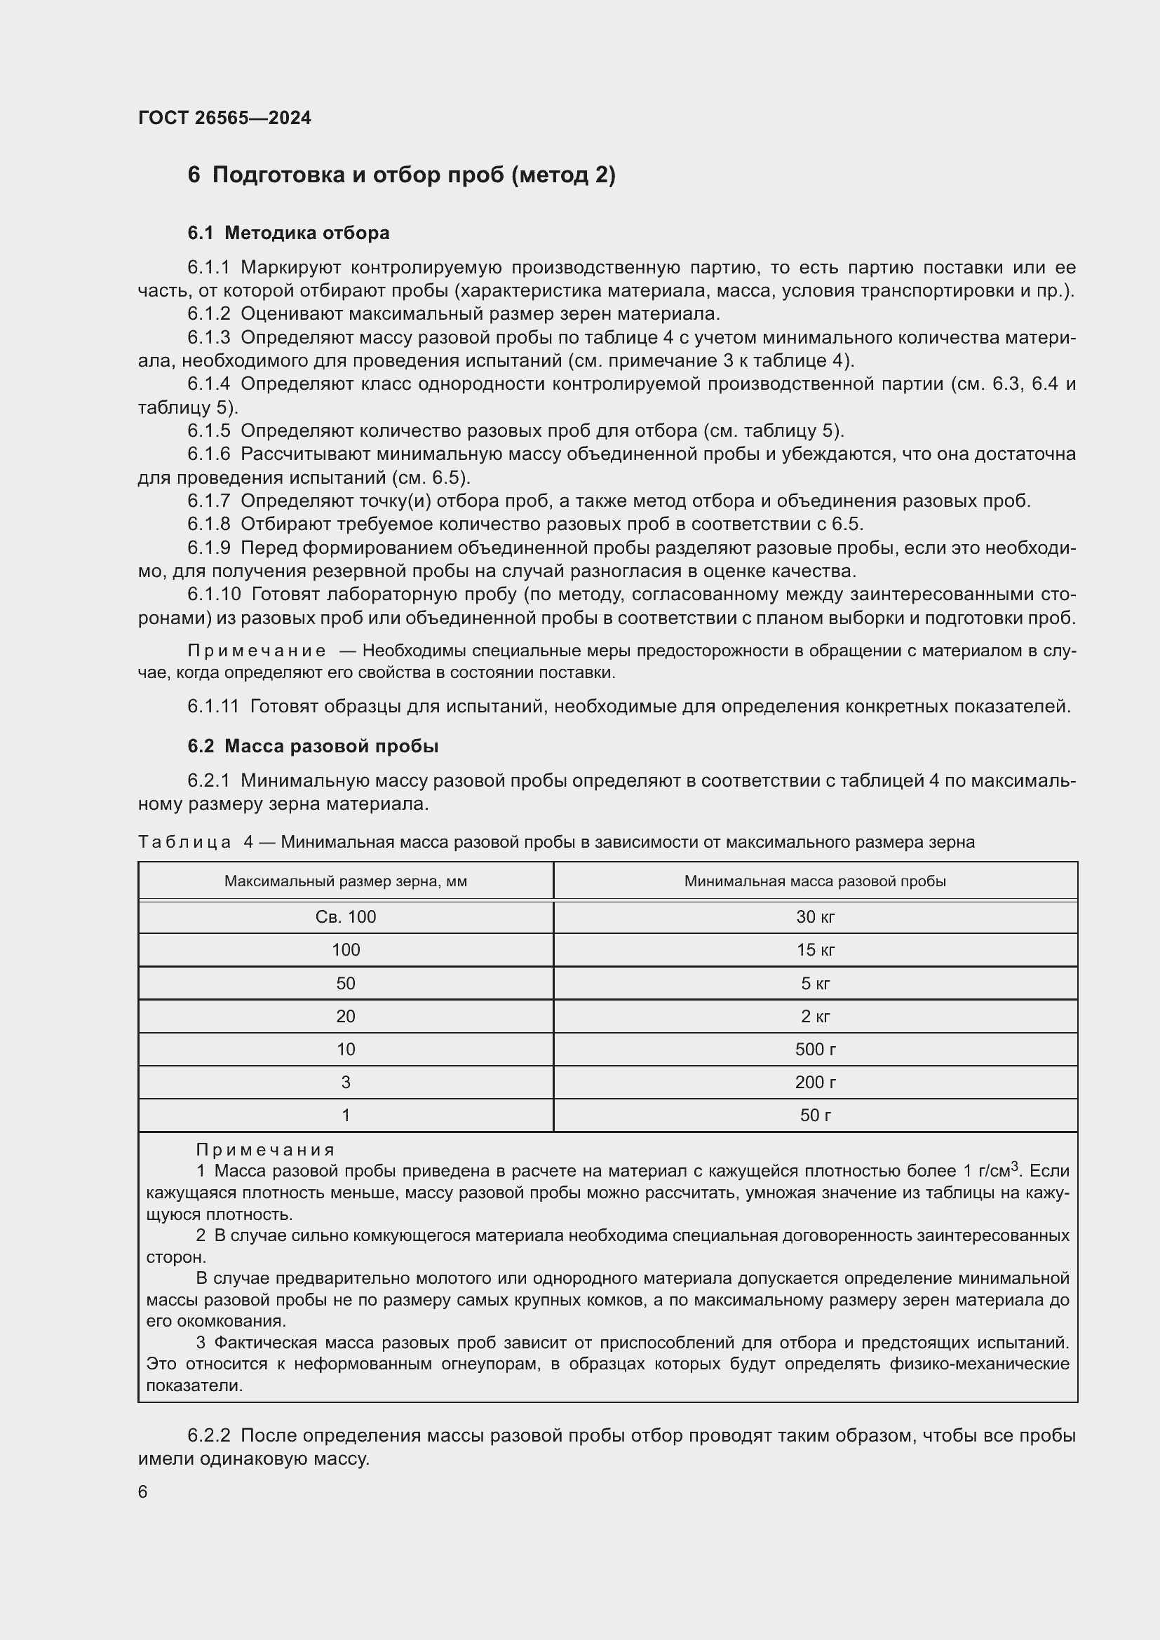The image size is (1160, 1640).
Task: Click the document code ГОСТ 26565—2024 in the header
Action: pyautogui.click(x=224, y=118)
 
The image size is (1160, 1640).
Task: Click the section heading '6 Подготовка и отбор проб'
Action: pyautogui.click(x=400, y=175)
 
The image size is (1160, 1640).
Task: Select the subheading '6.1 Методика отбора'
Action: pyautogui.click(x=288, y=233)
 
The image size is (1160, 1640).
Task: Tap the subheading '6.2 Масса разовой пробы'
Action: pyautogui.click(x=313, y=746)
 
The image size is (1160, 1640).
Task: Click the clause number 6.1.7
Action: pyautogui.click(x=208, y=501)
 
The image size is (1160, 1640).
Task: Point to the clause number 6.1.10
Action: pyautogui.click(x=214, y=595)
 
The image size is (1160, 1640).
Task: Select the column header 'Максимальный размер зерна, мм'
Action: pyautogui.click(x=346, y=881)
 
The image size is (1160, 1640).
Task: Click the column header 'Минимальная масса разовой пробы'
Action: pyautogui.click(x=815, y=881)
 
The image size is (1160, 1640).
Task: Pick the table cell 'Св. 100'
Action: pyautogui.click(x=346, y=917)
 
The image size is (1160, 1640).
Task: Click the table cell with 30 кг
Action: pyautogui.click(x=815, y=917)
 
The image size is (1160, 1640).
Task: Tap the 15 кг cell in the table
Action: pyautogui.click(x=815, y=950)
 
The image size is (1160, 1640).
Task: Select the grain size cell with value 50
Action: pyautogui.click(x=346, y=984)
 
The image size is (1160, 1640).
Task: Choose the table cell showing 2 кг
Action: pyautogui.click(x=815, y=1017)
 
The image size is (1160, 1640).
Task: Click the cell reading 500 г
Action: pyautogui.click(x=815, y=1050)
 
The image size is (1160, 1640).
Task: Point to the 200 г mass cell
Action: pyautogui.click(x=815, y=1082)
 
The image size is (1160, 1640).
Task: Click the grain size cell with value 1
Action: pyautogui.click(x=346, y=1115)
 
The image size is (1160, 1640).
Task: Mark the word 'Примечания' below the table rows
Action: pyautogui.click(x=265, y=1150)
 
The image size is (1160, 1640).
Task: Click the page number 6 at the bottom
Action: pyautogui.click(x=143, y=1492)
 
